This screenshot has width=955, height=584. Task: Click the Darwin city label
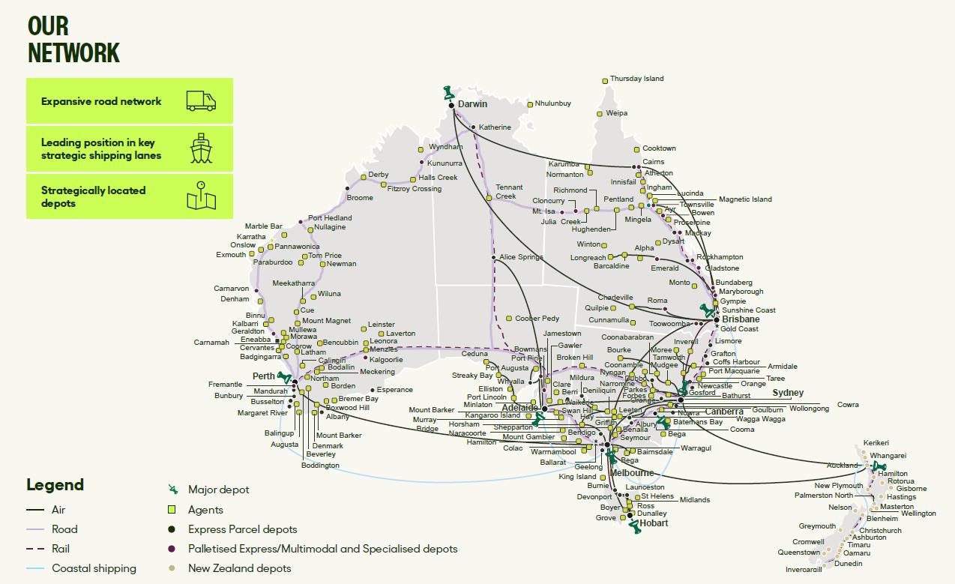(472, 104)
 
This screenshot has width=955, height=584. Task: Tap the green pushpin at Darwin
(449, 94)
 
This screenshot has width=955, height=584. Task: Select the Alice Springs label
(521, 257)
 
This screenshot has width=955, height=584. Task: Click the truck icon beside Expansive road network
(201, 101)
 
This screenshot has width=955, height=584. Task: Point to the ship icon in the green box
(201, 148)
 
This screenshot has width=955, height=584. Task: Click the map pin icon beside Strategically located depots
(201, 196)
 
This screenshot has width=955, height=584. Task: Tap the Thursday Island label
(636, 79)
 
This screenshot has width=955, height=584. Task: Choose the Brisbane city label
(741, 319)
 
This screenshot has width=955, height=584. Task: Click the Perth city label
(263, 376)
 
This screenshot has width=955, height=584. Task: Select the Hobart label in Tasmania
(654, 523)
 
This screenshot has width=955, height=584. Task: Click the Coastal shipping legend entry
(94, 568)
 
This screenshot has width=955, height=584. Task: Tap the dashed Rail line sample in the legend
(35, 549)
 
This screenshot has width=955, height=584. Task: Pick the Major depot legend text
(219, 490)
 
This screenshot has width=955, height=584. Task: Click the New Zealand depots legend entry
(239, 568)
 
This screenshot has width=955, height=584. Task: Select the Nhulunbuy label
(553, 103)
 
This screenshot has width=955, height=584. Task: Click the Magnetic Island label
(745, 199)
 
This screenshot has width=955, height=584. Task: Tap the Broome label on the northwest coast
(360, 198)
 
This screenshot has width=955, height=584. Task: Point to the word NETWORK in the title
(73, 52)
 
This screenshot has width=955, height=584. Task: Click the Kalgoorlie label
(386, 360)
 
